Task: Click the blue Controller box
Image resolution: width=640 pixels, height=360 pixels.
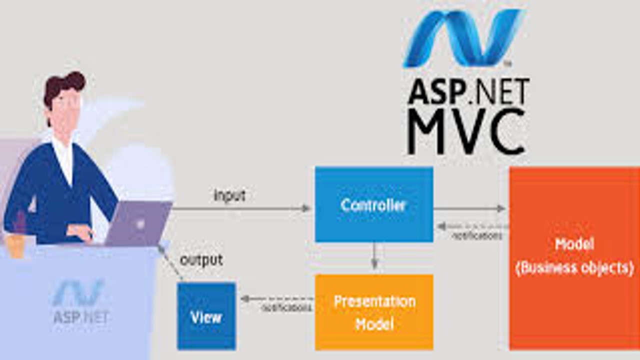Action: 373,204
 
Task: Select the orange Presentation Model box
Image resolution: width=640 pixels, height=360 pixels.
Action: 373,312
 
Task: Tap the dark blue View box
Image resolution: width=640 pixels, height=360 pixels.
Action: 206,315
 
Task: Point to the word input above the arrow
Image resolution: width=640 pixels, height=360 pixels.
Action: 229,195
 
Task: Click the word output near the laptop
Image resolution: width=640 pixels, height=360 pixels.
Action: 201,260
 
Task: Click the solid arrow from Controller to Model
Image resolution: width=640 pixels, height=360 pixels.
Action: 470,208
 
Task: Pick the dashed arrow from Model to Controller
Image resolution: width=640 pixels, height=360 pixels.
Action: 472,226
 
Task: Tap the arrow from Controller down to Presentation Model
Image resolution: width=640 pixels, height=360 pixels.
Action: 374,256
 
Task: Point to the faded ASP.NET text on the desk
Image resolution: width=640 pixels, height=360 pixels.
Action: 81,316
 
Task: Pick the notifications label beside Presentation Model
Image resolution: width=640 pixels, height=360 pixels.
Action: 286,308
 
